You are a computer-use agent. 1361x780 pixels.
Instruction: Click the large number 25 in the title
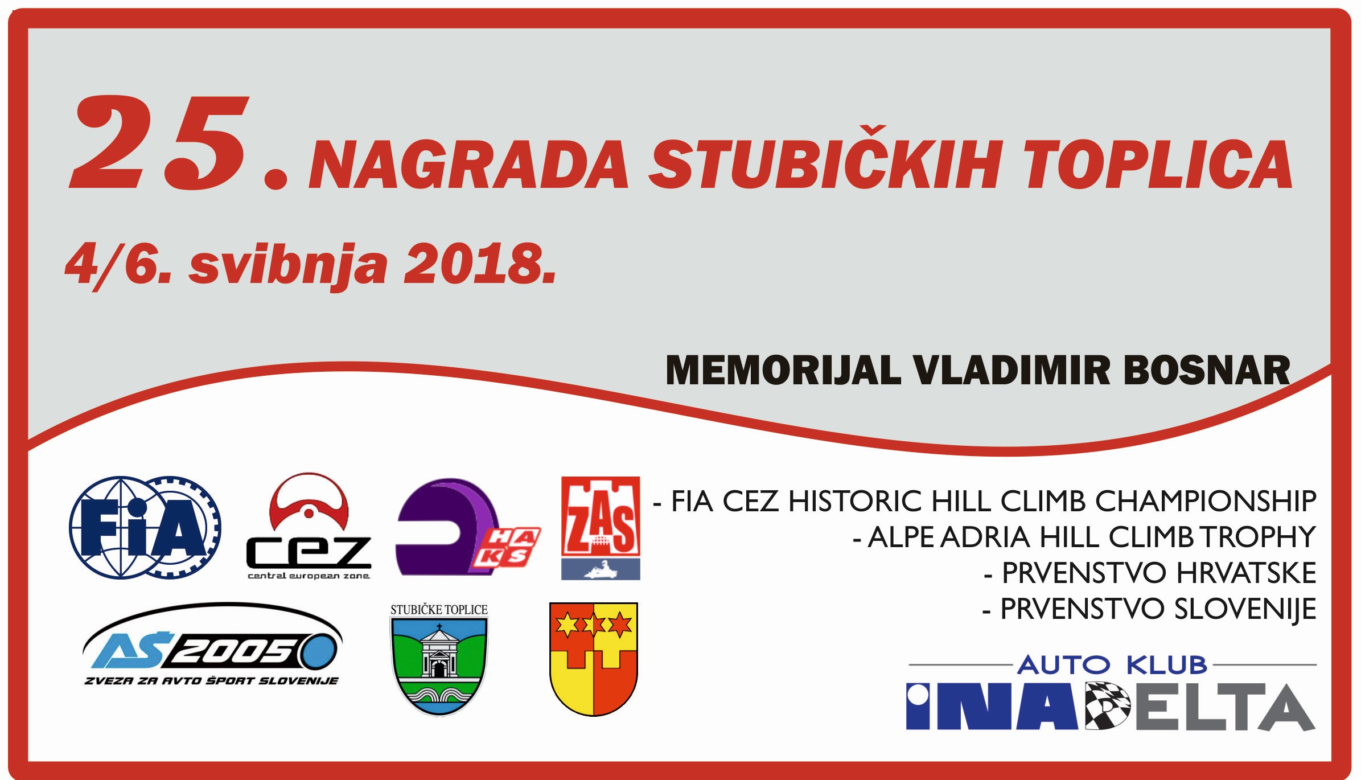[159, 142]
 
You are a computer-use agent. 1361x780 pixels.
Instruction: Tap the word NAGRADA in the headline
[468, 165]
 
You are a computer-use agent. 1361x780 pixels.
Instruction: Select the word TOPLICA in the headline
[1158, 165]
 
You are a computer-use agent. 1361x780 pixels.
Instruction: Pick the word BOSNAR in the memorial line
[1207, 371]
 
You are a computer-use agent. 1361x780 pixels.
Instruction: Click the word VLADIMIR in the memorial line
[1012, 371]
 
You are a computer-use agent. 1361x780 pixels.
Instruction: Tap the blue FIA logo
[145, 528]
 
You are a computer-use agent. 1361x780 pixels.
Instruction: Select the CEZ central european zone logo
[309, 527]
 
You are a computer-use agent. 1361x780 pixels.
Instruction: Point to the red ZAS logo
[601, 528]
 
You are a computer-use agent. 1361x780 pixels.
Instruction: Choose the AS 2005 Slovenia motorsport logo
[212, 645]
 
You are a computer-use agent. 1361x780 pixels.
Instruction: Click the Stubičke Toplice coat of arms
[439, 659]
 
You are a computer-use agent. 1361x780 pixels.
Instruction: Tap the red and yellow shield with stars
[594, 659]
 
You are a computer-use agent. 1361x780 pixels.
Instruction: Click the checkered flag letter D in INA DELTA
[1107, 706]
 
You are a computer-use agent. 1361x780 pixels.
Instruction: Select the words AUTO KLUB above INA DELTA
[1112, 665]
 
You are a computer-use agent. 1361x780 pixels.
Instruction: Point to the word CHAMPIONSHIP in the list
[1206, 502]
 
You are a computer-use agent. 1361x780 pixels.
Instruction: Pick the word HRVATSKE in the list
[1246, 573]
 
